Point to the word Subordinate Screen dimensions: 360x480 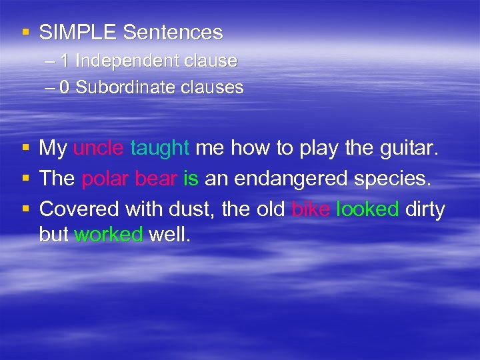pyautogui.click(x=122, y=87)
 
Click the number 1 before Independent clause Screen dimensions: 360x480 pyautogui.click(x=65, y=61)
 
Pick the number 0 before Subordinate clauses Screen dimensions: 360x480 pyautogui.click(x=65, y=87)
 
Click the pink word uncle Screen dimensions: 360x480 pyautogui.click(x=98, y=148)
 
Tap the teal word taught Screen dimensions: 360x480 pyautogui.click(x=160, y=148)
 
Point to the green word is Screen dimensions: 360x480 pyautogui.click(x=190, y=179)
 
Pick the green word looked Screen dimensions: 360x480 pyautogui.click(x=367, y=209)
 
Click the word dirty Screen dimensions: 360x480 pyautogui.click(x=425, y=209)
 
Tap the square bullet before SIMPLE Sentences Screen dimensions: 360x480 pyautogui.click(x=25, y=33)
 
